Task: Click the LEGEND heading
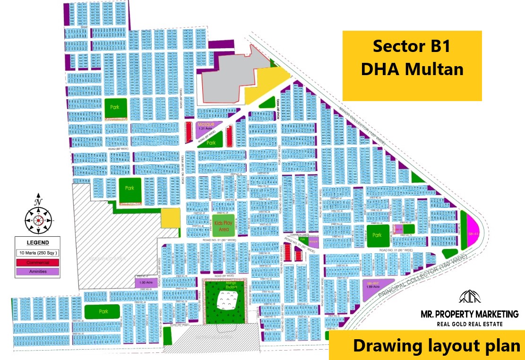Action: click(x=37, y=243)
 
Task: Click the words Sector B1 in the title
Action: click(x=411, y=47)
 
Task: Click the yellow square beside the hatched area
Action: click(x=170, y=218)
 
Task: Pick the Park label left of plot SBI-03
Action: click(x=377, y=235)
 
